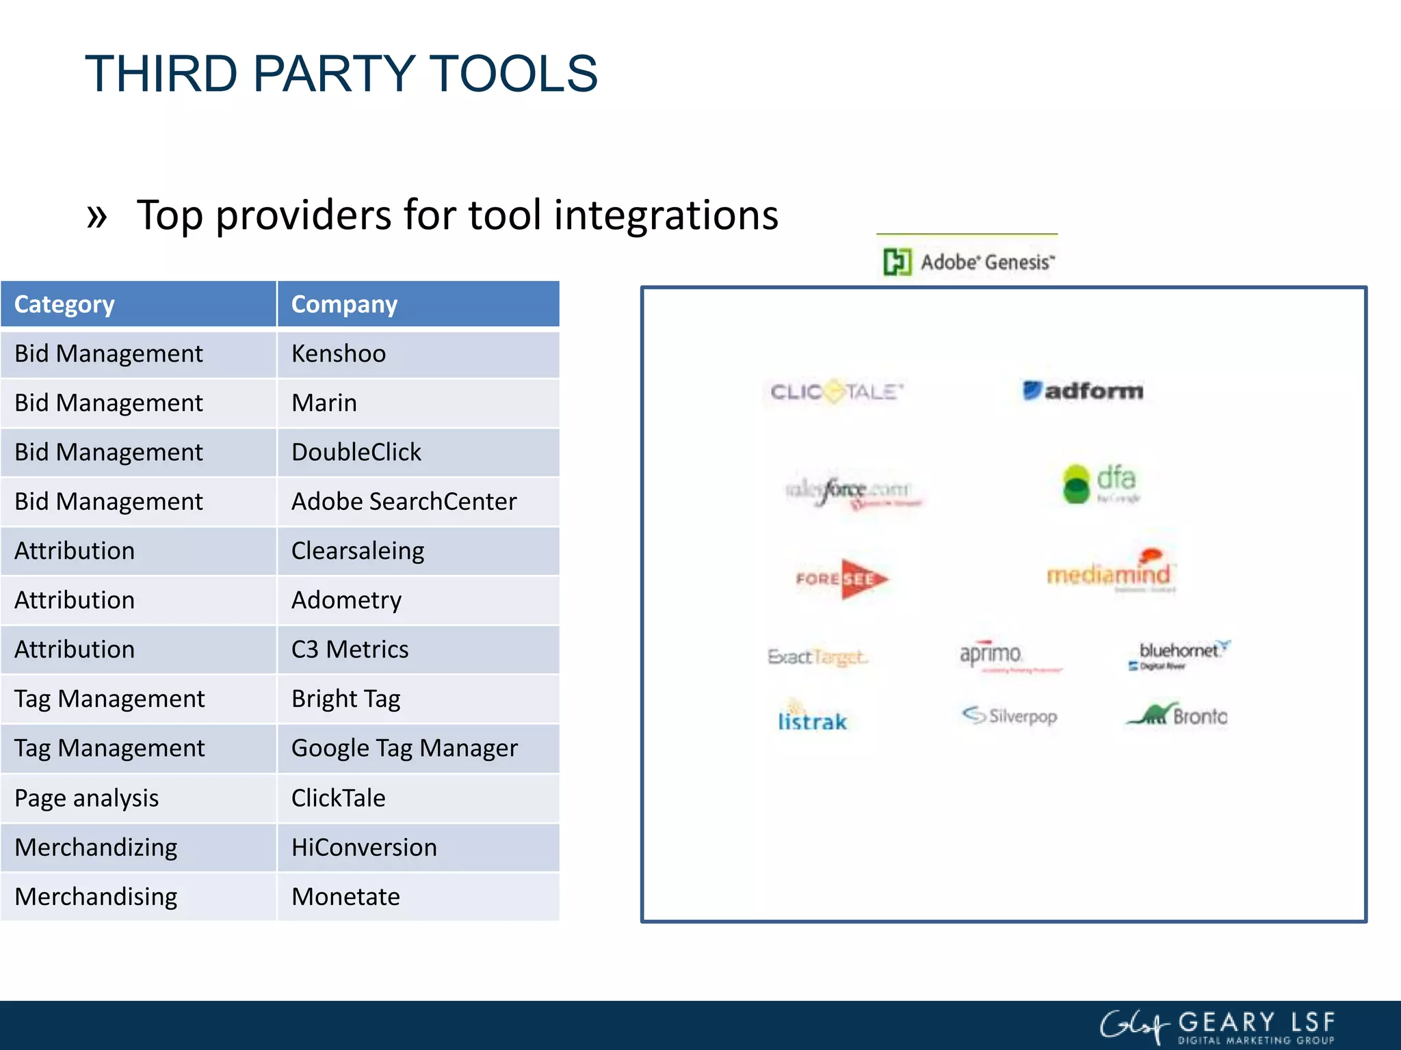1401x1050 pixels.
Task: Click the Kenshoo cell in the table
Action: (418, 354)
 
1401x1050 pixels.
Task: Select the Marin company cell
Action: (418, 403)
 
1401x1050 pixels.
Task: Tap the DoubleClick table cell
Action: (418, 453)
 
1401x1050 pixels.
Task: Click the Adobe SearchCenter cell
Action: (418, 502)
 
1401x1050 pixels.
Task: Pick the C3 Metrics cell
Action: (418, 649)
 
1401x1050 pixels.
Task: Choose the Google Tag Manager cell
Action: (418, 749)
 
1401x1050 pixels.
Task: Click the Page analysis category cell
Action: (138, 798)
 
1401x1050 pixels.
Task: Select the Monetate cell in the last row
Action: (418, 897)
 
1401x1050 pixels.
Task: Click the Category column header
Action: (138, 304)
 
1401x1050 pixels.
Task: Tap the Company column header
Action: (418, 304)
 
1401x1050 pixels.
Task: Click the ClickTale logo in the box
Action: (836, 392)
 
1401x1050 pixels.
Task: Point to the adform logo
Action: (1083, 391)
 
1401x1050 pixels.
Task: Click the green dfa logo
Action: (1100, 483)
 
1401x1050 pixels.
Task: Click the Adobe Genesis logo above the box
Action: (969, 262)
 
